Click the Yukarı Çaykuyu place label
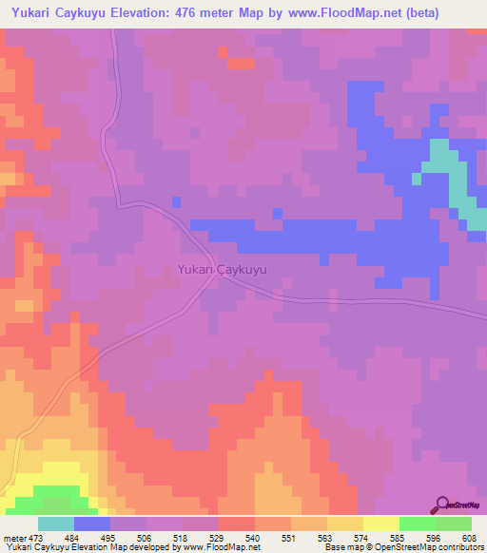pyautogui.click(x=222, y=270)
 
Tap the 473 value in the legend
pyautogui.click(x=38, y=538)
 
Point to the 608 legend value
pyautogui.click(x=470, y=538)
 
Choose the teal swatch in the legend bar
pyautogui.click(x=56, y=524)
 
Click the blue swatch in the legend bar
pyautogui.click(x=92, y=524)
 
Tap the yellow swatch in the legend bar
pyautogui.click(x=380, y=524)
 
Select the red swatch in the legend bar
pyautogui.click(x=236, y=524)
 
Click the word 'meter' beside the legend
pyautogui.click(x=15, y=538)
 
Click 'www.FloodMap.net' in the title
pyautogui.click(x=338, y=13)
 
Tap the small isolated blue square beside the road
pyautogui.click(x=176, y=201)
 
